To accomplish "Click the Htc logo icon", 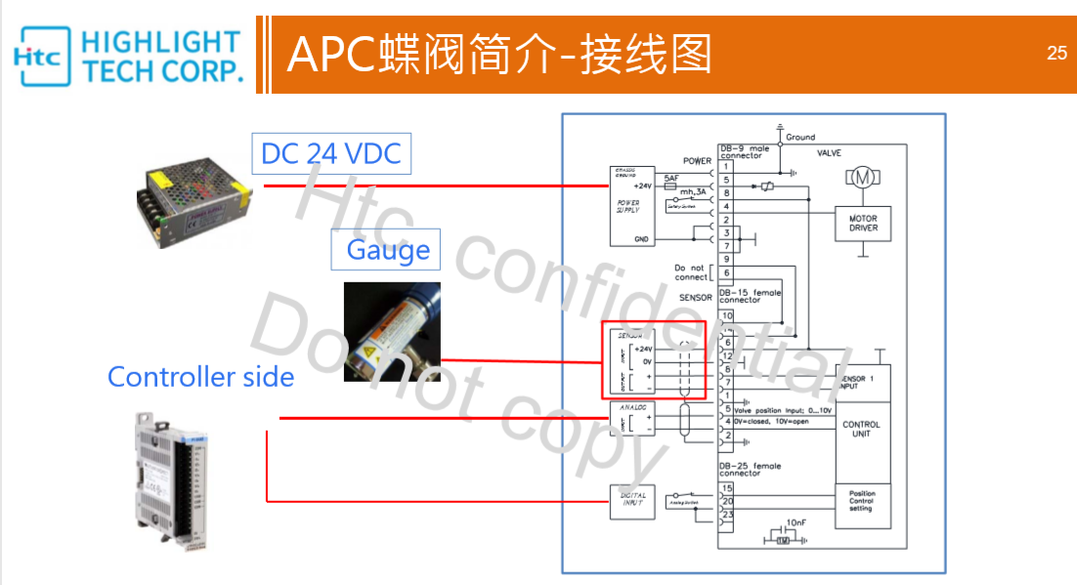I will pyautogui.click(x=42, y=55).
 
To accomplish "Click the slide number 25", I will pyautogui.click(x=1056, y=54).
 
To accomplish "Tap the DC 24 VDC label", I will pyautogui.click(x=330, y=153).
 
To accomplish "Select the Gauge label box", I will pyautogui.click(x=387, y=250).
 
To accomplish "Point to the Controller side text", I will pyautogui.click(x=200, y=377).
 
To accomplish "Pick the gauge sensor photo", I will pyautogui.click(x=391, y=332).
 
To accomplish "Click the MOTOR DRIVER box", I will pyautogui.click(x=863, y=224).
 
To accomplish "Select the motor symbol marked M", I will pyautogui.click(x=862, y=177).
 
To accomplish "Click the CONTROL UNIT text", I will pyautogui.click(x=861, y=429).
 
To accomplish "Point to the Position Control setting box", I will pyautogui.click(x=861, y=501).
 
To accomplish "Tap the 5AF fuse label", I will pyautogui.click(x=670, y=178).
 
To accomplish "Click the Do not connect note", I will pyautogui.click(x=689, y=272).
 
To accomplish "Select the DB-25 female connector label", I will pyautogui.click(x=751, y=470).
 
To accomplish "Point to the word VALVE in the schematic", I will pyautogui.click(x=829, y=152).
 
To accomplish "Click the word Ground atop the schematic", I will pyautogui.click(x=799, y=138).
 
